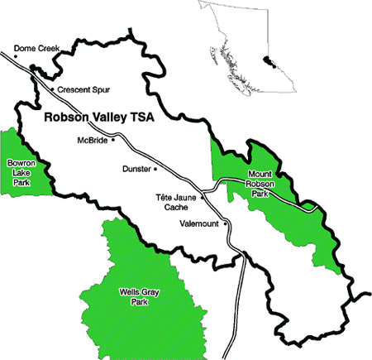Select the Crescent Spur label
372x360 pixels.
[x=83, y=89]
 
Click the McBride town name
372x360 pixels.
[x=92, y=140]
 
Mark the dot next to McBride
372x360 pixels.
[x=114, y=140]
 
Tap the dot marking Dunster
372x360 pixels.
[x=155, y=169]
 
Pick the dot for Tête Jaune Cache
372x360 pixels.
[x=202, y=199]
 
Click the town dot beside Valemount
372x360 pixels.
[x=225, y=223]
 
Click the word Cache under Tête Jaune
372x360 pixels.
[x=176, y=208]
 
